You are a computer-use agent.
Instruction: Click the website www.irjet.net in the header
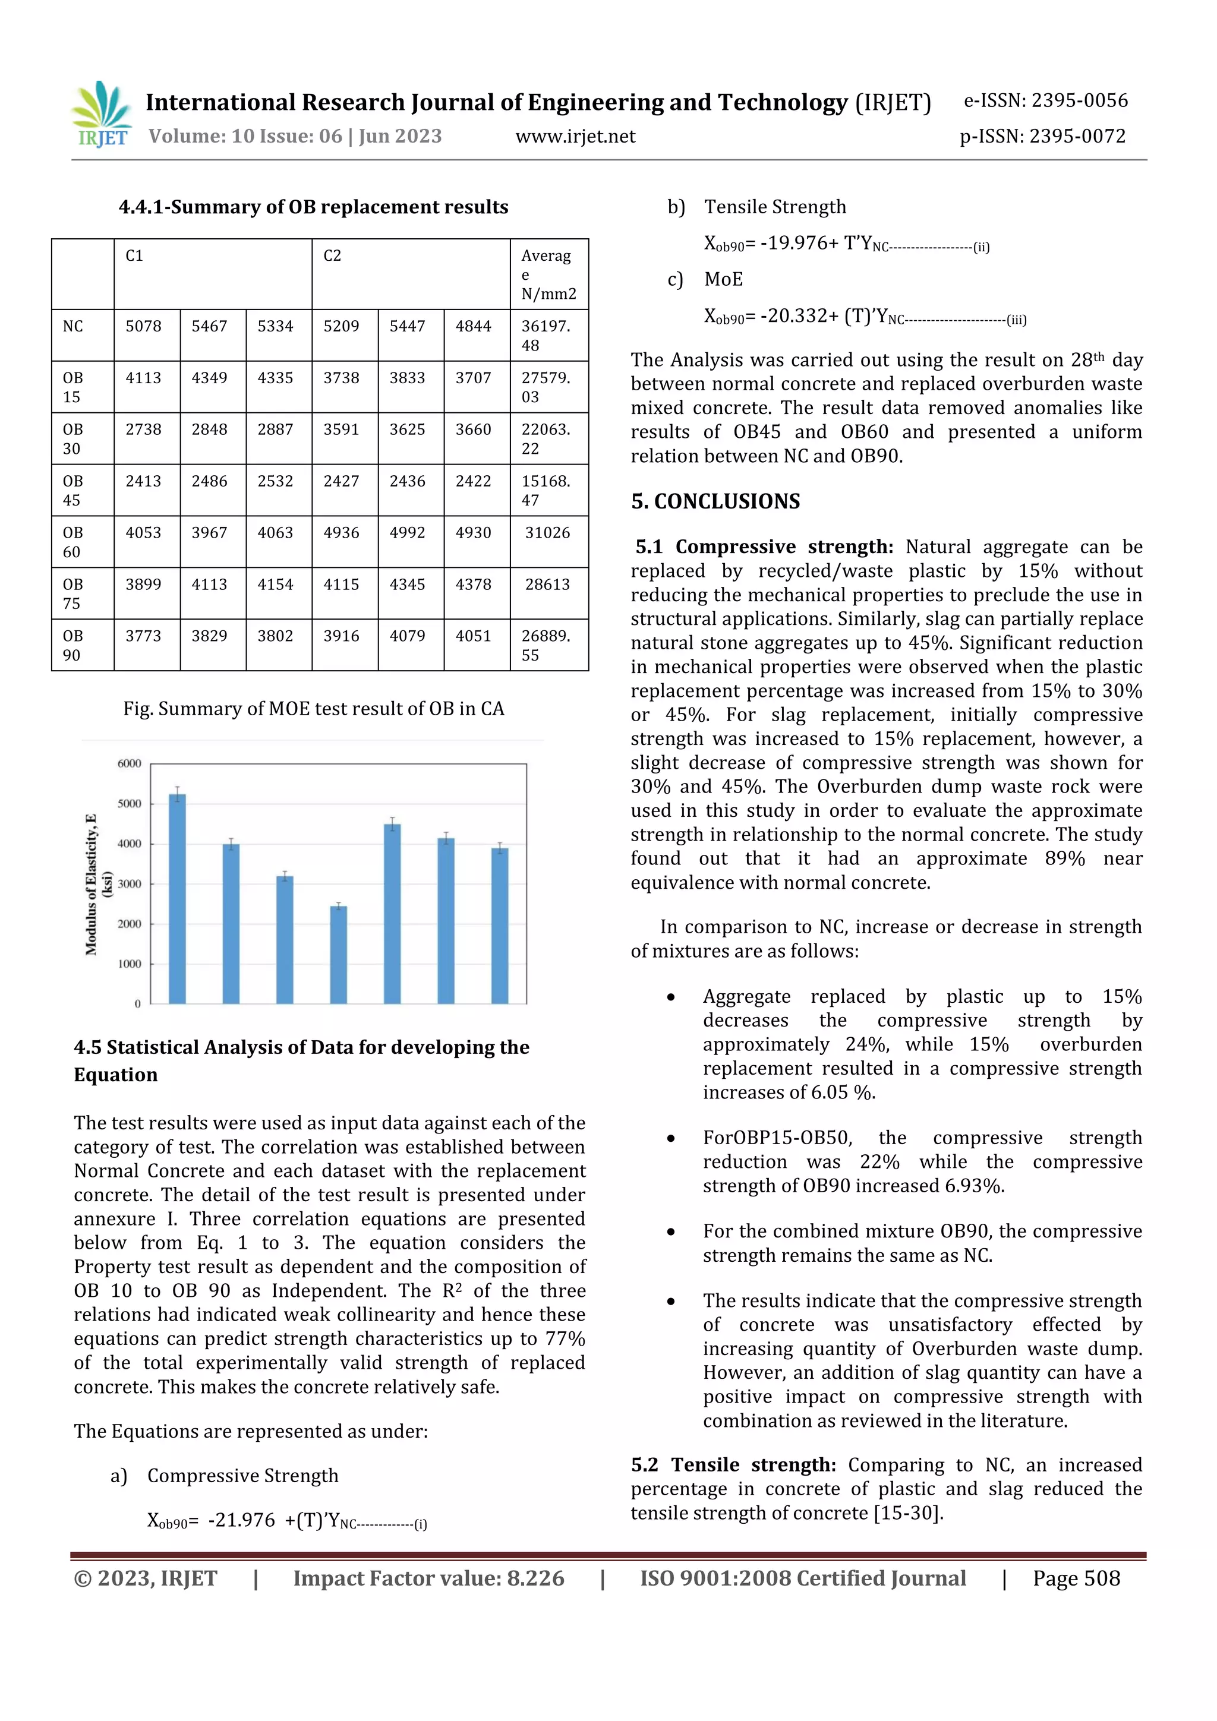point(575,137)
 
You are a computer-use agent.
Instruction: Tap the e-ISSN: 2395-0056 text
point(1045,100)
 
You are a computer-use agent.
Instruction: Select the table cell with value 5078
point(143,327)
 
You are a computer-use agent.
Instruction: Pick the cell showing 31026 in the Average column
point(547,533)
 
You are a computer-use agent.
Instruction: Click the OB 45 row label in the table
point(72,490)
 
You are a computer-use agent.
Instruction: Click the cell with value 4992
point(407,533)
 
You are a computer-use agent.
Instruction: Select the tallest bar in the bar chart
point(178,898)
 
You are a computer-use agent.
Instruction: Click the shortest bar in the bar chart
point(339,954)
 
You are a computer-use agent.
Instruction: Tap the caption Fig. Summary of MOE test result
point(313,709)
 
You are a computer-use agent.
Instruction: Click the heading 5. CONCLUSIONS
point(715,501)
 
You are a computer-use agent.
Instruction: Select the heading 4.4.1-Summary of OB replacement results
point(313,207)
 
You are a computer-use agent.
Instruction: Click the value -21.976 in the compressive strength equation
point(241,1520)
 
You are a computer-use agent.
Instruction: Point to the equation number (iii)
point(1016,320)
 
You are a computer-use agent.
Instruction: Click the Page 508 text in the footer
point(1076,1578)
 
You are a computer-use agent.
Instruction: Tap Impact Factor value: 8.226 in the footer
point(428,1578)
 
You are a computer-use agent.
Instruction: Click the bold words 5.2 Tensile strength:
point(733,1464)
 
